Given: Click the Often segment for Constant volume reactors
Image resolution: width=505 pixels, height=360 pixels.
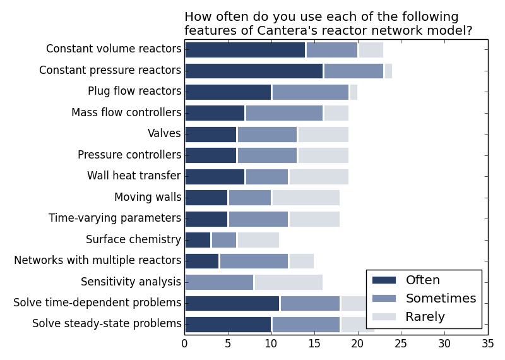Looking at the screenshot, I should coord(245,50).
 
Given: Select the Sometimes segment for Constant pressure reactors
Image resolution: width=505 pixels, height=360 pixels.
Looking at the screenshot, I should coord(353,71).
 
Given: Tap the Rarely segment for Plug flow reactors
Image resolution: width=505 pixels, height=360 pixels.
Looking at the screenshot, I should coord(353,92).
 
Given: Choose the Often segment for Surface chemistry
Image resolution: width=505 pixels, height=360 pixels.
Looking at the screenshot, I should coord(198,239).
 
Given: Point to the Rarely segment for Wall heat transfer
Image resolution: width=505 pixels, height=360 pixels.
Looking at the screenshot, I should coord(319,176).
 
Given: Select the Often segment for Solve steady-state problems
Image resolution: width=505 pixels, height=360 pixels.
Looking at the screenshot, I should coord(228,324).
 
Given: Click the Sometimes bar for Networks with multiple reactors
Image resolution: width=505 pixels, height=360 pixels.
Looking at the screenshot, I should coord(254,261).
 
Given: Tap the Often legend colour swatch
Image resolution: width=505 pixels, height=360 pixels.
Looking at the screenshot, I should coord(384,280).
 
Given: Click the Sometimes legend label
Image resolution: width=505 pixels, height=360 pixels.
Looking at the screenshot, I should coord(441,299).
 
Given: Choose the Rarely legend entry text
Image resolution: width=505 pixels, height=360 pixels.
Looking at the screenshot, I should coord(425,317).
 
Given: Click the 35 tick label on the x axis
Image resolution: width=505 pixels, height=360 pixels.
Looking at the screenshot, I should coord(488,344).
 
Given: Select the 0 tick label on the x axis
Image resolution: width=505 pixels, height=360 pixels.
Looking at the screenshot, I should coord(184,344).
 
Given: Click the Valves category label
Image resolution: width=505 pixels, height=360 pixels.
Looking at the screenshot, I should coord(164,134).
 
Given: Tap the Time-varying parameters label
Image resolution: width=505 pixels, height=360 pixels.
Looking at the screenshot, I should coord(115,219).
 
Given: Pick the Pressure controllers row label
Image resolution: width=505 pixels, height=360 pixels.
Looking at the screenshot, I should coord(129,155).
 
